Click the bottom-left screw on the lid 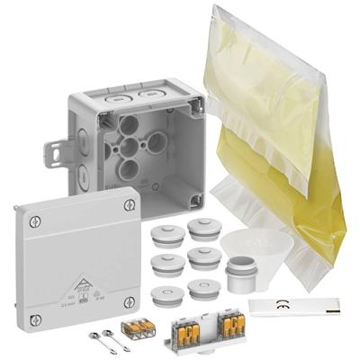point(35,319)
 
